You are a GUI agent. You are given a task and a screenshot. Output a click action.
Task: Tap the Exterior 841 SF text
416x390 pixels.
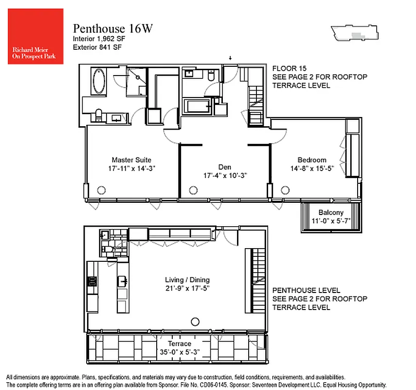click(97, 47)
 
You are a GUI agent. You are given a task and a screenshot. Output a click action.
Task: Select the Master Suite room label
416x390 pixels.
click(131, 160)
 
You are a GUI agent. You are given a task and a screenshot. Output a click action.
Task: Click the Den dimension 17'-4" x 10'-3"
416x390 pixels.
click(225, 176)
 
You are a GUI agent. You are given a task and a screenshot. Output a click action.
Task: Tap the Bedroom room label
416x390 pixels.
click(312, 160)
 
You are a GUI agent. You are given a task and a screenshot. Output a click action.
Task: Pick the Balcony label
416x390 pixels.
click(331, 213)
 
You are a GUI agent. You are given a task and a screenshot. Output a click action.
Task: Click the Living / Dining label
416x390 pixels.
click(187, 280)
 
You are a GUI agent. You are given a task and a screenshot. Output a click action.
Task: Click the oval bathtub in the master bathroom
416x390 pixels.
click(99, 81)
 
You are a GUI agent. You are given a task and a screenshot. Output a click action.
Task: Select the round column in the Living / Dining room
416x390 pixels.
click(195, 321)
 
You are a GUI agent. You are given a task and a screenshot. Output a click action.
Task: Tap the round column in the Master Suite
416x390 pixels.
click(102, 191)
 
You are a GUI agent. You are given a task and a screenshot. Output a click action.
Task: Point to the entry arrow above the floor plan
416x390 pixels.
click(231, 59)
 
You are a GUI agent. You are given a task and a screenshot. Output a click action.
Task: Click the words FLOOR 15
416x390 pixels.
click(289, 68)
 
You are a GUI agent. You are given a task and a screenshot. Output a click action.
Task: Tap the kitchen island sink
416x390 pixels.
click(123, 281)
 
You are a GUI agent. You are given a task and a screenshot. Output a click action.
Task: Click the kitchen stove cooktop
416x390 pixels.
click(91, 281)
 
